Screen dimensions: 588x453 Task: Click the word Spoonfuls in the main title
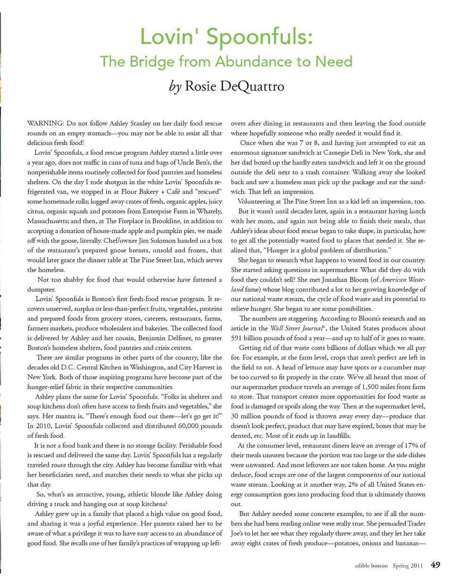click(x=260, y=37)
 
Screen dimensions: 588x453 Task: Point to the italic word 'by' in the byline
click(x=175, y=87)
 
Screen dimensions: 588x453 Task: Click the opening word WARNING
click(x=46, y=123)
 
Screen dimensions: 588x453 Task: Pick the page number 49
click(x=436, y=565)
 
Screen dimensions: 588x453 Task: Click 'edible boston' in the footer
click(x=371, y=565)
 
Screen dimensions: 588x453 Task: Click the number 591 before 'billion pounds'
click(x=236, y=338)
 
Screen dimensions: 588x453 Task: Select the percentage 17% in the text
click(x=412, y=445)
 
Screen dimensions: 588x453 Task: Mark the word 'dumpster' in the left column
click(x=41, y=289)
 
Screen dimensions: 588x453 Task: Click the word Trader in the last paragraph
click(x=415, y=523)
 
